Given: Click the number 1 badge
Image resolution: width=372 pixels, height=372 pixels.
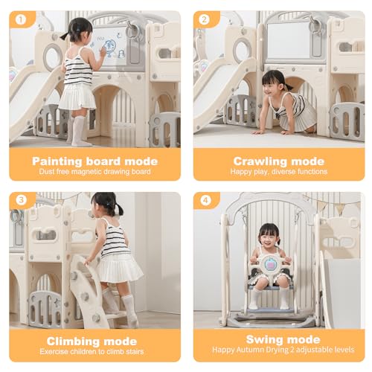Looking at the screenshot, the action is tap(21, 19).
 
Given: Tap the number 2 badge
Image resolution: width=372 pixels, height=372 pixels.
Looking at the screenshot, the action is tap(205, 19).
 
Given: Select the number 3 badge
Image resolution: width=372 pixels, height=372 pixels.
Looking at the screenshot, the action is tap(21, 200).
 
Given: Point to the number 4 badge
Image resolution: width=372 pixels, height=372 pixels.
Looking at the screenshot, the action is tap(205, 200).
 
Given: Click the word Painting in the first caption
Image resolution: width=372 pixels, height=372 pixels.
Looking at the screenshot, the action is tap(57, 161).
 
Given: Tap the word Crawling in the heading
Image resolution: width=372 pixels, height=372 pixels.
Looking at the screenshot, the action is tap(260, 161).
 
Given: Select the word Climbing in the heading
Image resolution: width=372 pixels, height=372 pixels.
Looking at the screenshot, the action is tap(73, 341).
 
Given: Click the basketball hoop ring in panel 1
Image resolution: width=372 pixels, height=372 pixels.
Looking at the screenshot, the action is tap(132, 31).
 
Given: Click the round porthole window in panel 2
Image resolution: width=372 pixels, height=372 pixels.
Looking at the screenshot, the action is tap(243, 51).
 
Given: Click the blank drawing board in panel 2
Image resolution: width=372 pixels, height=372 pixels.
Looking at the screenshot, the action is tap(289, 41).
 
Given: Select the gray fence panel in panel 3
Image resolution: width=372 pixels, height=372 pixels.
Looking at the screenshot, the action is tap(45, 309).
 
